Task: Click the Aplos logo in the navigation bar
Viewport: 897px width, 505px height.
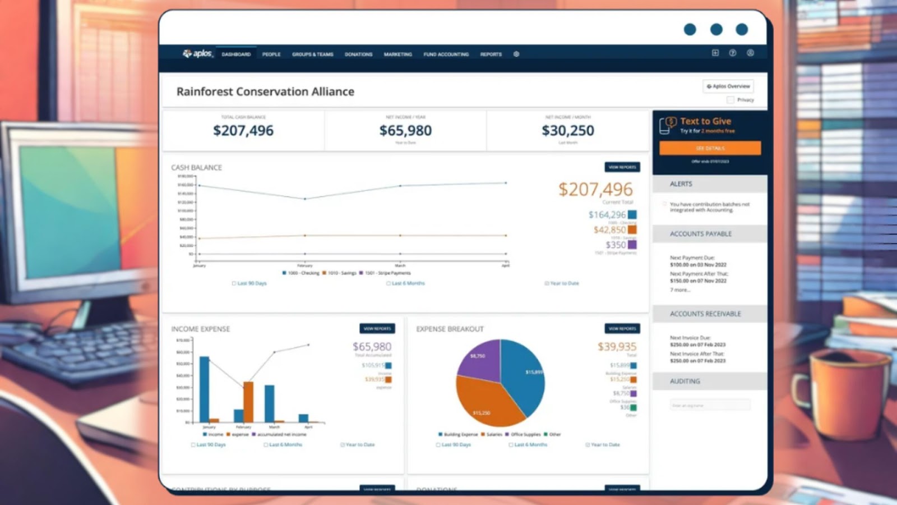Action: pos(197,54)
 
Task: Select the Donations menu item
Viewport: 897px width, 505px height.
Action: pos(358,54)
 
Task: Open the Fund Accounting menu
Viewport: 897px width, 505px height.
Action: pos(446,54)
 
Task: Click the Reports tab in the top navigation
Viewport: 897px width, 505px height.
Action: pos(491,54)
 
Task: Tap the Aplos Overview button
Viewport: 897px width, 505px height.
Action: pos(728,86)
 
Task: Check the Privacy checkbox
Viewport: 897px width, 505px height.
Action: pos(730,100)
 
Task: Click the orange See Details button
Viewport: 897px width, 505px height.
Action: pos(710,148)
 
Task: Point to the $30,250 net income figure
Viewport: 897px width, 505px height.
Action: pos(567,131)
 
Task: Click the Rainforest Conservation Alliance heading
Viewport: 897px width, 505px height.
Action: pos(265,91)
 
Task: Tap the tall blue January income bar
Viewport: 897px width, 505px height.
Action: pos(205,388)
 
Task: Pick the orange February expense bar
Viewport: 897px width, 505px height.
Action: pos(248,401)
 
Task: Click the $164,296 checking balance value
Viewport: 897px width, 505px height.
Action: pos(607,215)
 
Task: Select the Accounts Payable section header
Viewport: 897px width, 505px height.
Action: pos(701,234)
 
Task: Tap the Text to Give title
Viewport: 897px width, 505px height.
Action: pos(705,121)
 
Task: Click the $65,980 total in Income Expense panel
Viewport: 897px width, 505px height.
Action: pos(372,347)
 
